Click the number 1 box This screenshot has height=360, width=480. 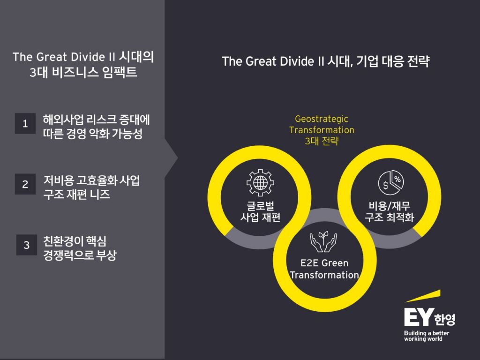point(25,124)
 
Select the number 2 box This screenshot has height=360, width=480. point(25,184)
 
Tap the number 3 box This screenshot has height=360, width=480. point(27,245)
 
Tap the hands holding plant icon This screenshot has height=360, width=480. point(323,240)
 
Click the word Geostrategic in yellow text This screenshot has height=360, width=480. point(322,119)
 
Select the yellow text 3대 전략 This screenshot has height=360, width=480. point(322,141)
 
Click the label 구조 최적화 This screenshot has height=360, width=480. point(390,217)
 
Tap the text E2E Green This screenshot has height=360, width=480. point(324,263)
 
